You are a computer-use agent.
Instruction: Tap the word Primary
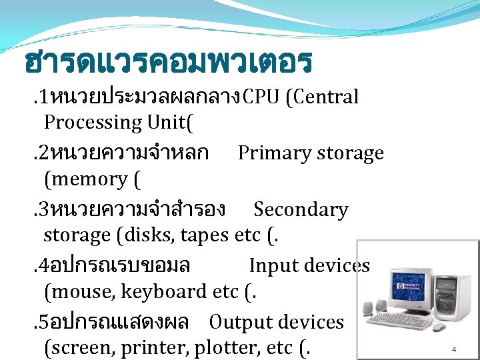coord(273,153)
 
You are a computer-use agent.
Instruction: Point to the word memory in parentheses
coord(87,179)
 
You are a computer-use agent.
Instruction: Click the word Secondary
coord(301,210)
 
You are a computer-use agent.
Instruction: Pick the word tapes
coord(206,236)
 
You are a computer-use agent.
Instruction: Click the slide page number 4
coord(453,349)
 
